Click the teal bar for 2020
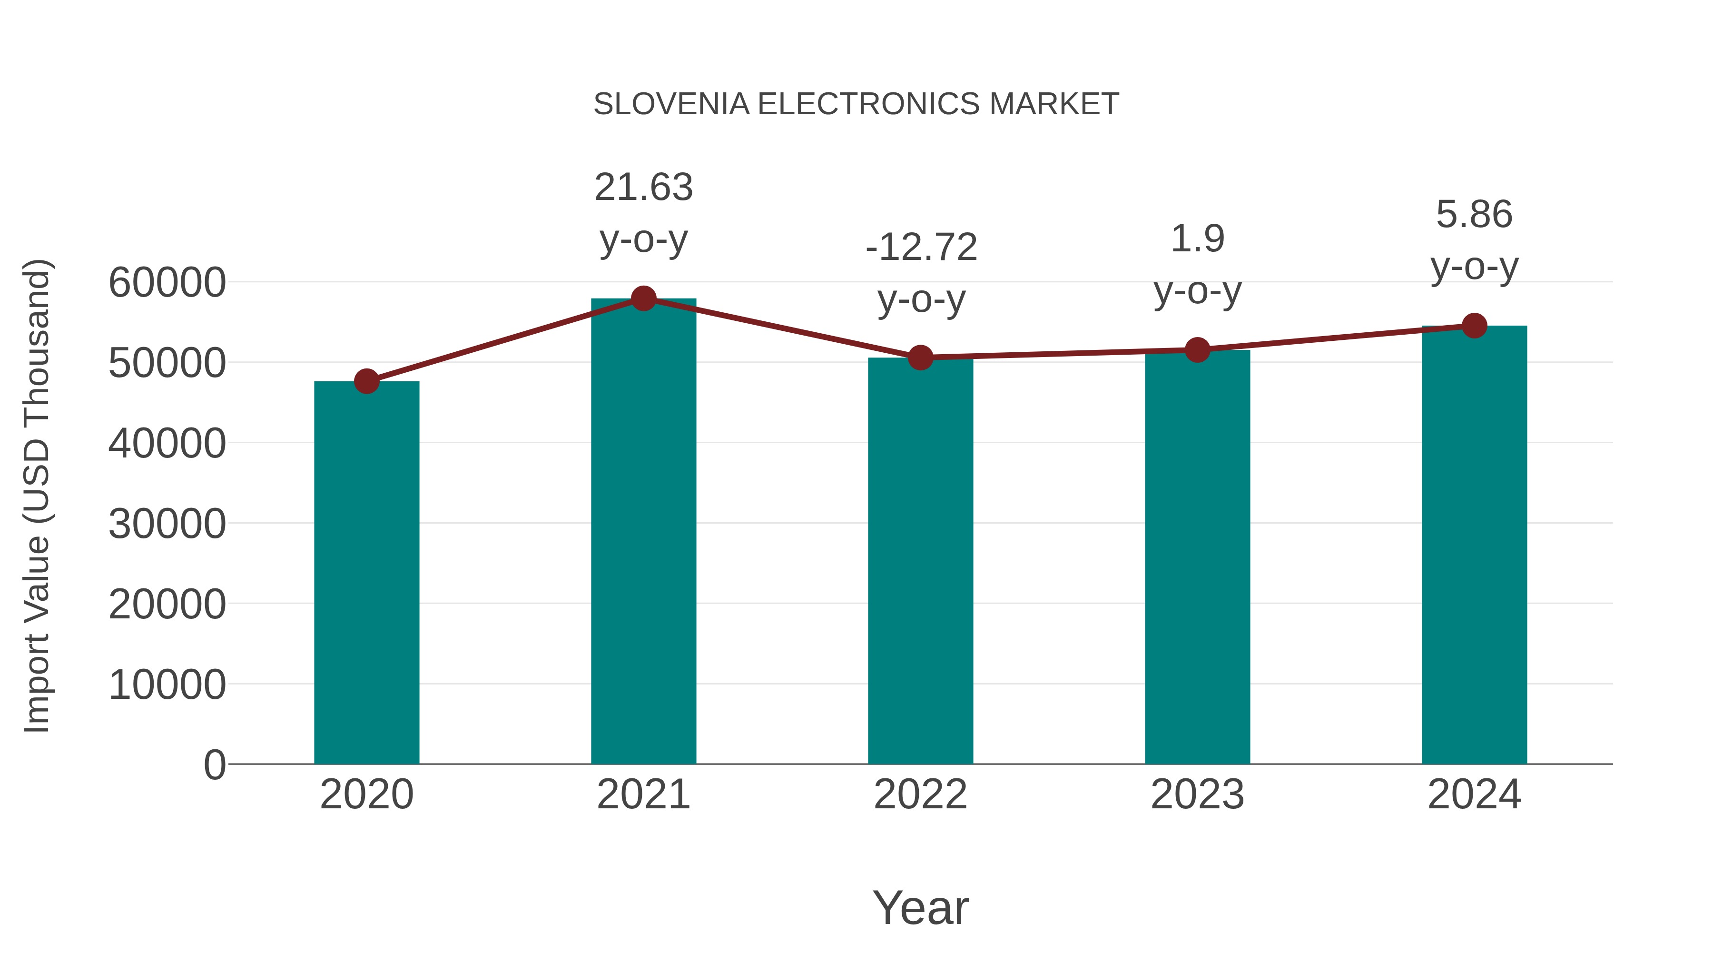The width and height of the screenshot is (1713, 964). pyautogui.click(x=366, y=572)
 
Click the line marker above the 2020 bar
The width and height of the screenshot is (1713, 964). pyautogui.click(x=366, y=381)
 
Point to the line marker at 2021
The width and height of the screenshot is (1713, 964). pyautogui.click(x=643, y=298)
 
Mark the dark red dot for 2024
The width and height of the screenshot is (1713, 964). pyautogui.click(x=1474, y=326)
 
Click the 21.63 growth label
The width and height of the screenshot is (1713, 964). pyautogui.click(x=643, y=187)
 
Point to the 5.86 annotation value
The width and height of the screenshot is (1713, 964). pyautogui.click(x=1474, y=214)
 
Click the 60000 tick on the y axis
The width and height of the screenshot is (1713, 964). pyautogui.click(x=167, y=282)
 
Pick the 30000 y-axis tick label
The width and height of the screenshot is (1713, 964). pyautogui.click(x=167, y=524)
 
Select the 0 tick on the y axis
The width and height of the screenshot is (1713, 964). pyautogui.click(x=215, y=765)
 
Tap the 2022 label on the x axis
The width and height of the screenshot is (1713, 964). pyautogui.click(x=920, y=795)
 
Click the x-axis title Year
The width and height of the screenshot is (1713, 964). pyautogui.click(x=920, y=907)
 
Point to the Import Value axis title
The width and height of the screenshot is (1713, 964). pyautogui.click(x=37, y=496)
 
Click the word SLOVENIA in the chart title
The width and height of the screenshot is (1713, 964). pyautogui.click(x=671, y=104)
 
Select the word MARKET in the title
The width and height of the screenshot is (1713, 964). pyautogui.click(x=1054, y=104)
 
